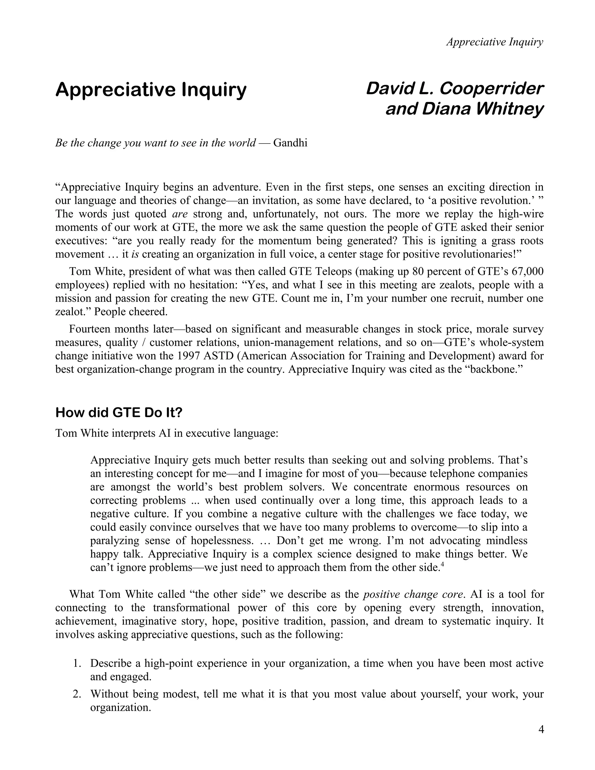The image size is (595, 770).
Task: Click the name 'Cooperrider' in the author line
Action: click(x=491, y=89)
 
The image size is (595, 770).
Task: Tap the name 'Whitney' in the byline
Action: click(x=510, y=109)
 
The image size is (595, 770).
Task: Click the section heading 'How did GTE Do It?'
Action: click(x=119, y=413)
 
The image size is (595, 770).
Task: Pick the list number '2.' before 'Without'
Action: click(x=78, y=694)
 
